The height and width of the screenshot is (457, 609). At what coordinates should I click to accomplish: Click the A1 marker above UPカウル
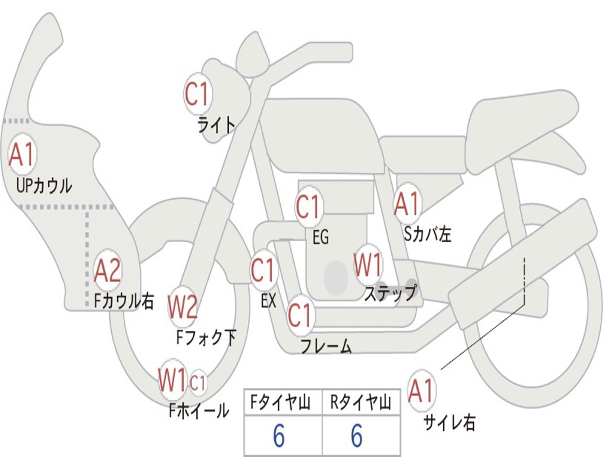[22, 154]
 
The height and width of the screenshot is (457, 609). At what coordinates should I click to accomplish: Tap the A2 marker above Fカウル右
[108, 271]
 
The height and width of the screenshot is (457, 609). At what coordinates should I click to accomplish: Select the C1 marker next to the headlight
[198, 93]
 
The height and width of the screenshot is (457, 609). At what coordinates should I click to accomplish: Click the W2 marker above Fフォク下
[182, 307]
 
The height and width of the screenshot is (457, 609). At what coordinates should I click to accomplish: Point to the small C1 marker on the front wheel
[197, 383]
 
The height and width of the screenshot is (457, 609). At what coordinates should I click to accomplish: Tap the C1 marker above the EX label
[263, 270]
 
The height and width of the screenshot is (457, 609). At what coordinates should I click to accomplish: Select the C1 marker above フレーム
[300, 315]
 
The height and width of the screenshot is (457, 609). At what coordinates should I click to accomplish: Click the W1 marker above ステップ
[367, 265]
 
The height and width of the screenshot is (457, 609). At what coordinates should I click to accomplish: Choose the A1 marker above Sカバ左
[407, 204]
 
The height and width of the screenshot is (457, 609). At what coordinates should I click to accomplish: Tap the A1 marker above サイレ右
[421, 390]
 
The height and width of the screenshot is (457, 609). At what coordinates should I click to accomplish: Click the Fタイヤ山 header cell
[283, 402]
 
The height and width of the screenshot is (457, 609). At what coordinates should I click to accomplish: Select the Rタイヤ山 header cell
[361, 402]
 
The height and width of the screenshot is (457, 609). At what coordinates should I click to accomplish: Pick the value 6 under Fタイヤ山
[279, 436]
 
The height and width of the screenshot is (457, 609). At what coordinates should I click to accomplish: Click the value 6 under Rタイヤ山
[357, 436]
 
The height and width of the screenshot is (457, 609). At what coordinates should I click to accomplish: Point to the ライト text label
[216, 125]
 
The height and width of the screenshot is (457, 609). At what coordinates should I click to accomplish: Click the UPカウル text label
[44, 186]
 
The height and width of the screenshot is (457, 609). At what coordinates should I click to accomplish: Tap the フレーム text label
[327, 346]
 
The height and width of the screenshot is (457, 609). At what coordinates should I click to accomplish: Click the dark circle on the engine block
[335, 278]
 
